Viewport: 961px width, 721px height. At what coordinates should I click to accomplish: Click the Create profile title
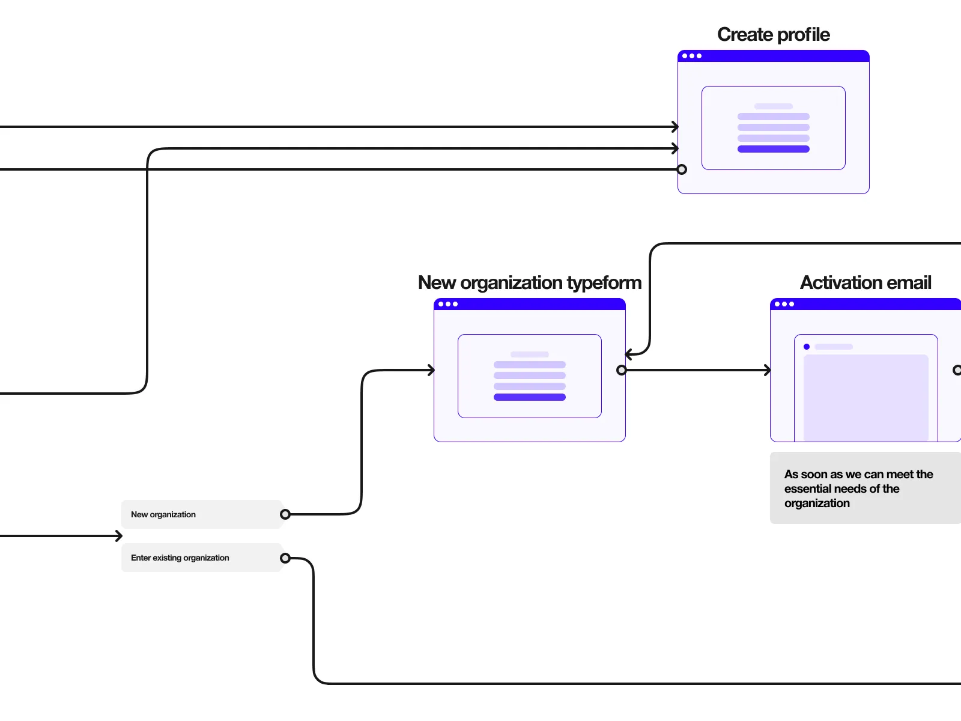click(x=773, y=35)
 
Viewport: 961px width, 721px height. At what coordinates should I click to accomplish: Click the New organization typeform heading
click(x=529, y=283)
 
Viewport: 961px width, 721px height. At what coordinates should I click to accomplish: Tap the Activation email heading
click(x=865, y=283)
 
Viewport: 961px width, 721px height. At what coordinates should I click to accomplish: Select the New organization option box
click(x=201, y=514)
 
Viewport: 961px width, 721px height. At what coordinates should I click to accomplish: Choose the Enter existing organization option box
click(x=201, y=558)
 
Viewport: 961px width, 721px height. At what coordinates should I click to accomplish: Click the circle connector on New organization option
click(x=285, y=514)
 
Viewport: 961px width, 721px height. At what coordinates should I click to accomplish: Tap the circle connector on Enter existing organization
click(x=285, y=558)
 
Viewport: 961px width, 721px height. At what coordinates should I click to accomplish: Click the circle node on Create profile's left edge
click(x=682, y=169)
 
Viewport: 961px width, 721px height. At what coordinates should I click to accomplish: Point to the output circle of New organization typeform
click(x=622, y=370)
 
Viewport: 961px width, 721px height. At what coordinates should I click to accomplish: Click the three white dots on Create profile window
click(x=691, y=56)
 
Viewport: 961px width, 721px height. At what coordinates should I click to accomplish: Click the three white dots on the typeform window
click(x=447, y=304)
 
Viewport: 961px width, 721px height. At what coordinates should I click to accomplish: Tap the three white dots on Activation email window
click(x=784, y=304)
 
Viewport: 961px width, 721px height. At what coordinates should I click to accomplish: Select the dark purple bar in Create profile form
click(x=773, y=149)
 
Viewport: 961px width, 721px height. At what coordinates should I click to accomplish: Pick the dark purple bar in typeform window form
click(x=529, y=397)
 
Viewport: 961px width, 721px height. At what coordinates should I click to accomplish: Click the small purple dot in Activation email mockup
click(x=807, y=347)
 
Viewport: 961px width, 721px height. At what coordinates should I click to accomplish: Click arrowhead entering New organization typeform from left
click(x=431, y=370)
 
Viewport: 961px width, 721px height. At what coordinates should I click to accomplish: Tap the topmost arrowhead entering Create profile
click(x=675, y=127)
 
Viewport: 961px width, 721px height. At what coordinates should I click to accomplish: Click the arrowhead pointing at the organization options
click(x=119, y=536)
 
